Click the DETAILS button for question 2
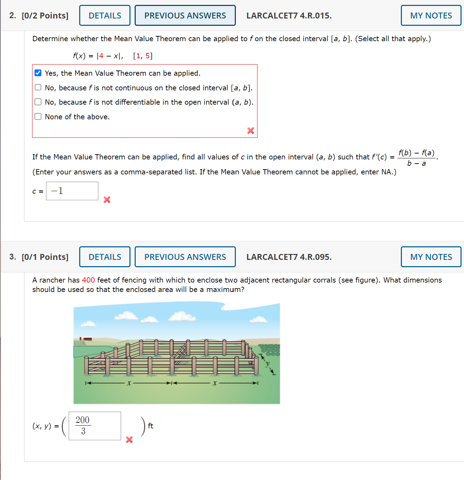[105, 16]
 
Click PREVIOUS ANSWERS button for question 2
[185, 16]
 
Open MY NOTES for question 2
[431, 16]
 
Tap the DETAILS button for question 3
[105, 257]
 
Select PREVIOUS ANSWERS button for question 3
[185, 257]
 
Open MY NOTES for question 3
[431, 257]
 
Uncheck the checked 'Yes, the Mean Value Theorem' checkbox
[38, 73]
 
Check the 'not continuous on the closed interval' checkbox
[38, 87]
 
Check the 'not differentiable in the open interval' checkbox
[38, 102]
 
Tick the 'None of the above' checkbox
[38, 117]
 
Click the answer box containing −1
[72, 191]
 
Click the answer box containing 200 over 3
[95, 426]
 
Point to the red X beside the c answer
[107, 200]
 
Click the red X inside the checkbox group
[250, 130]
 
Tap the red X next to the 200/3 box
[129, 440]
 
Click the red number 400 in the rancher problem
[88, 280]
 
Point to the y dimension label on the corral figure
[268, 364]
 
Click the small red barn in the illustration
[86, 339]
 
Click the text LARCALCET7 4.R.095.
[289, 257]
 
